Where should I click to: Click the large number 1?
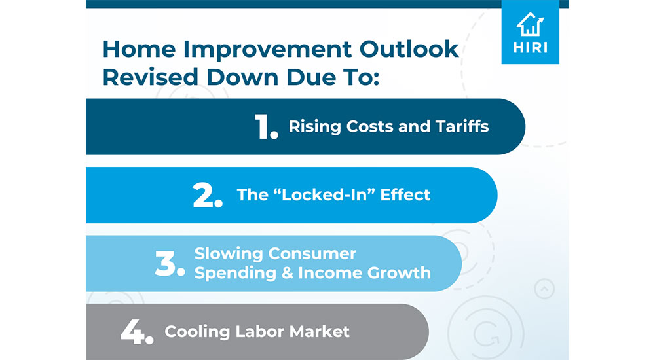266,127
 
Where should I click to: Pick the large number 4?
136,332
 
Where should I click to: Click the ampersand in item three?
285,272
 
